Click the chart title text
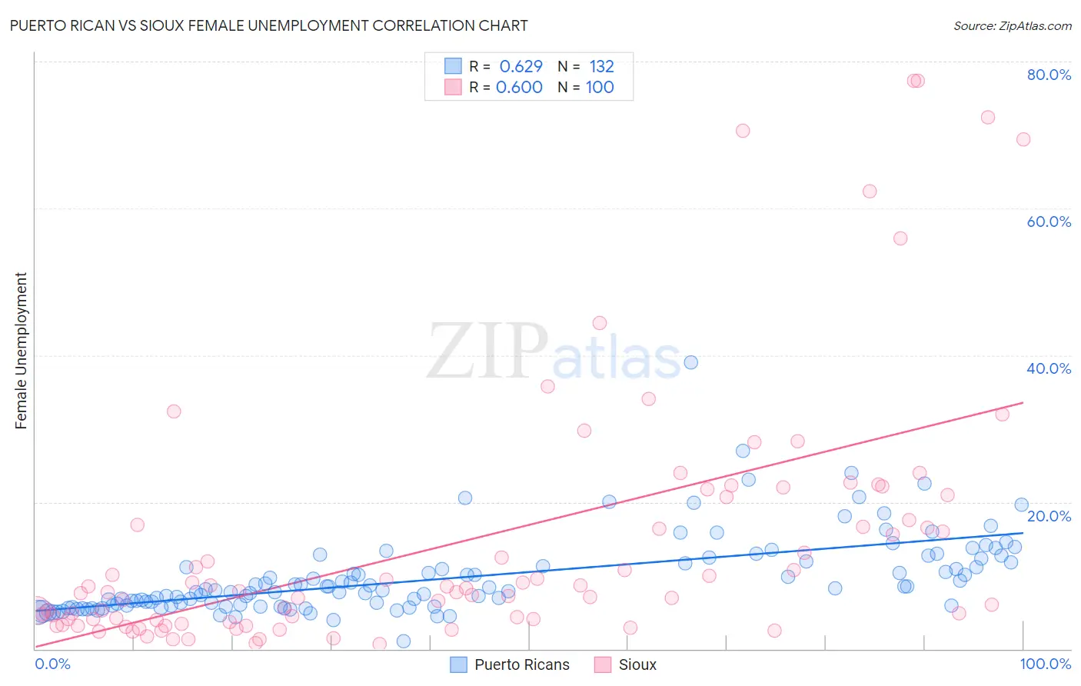click(x=268, y=25)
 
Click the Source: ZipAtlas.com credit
click(x=1012, y=25)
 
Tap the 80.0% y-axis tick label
click(x=1049, y=75)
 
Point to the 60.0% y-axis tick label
click(x=1049, y=221)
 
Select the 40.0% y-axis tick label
click(x=1049, y=368)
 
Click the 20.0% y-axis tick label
click(x=1049, y=515)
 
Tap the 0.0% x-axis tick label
click(x=52, y=664)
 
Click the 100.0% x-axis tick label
click(x=1045, y=664)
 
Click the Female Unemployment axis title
click(x=21, y=351)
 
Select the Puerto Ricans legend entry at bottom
click(x=510, y=664)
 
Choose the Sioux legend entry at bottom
click(x=626, y=664)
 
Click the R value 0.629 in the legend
click(x=521, y=66)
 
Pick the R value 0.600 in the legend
click(x=519, y=87)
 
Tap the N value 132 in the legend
click(x=601, y=66)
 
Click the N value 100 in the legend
click(x=600, y=87)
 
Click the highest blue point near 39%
click(x=690, y=362)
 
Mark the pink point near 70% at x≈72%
click(x=742, y=131)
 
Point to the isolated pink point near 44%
click(x=599, y=323)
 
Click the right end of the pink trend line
click(x=1023, y=402)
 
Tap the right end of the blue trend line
click(x=1023, y=532)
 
